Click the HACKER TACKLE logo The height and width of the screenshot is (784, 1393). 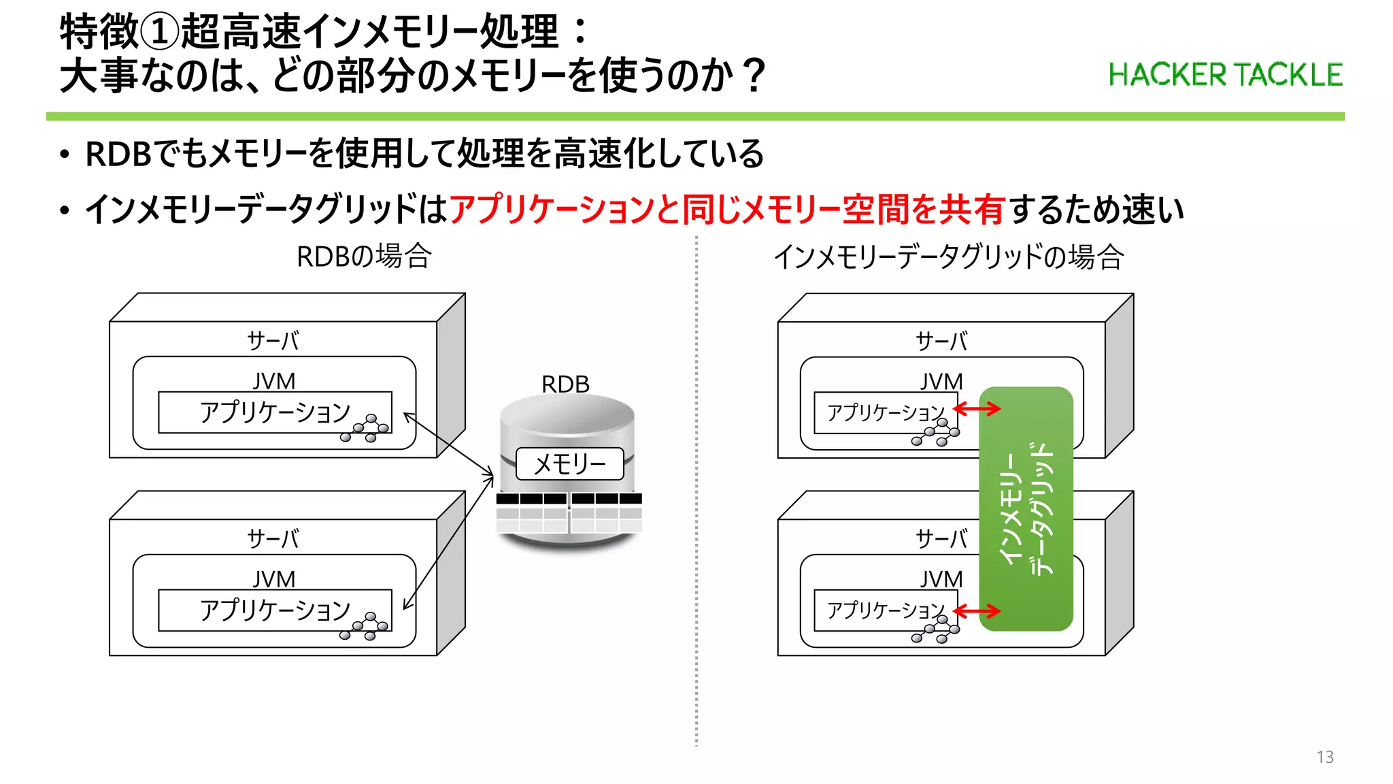coord(1225,75)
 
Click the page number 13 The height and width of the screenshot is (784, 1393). coord(1324,757)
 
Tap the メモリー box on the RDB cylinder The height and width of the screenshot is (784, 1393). coord(569,464)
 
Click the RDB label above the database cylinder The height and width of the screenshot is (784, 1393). coord(565,384)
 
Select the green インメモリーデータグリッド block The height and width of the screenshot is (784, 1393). coord(1026,508)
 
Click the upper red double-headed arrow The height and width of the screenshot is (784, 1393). coord(977,408)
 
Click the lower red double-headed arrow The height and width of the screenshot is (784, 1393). coord(977,610)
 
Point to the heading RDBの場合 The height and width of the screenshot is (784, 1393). coord(364,257)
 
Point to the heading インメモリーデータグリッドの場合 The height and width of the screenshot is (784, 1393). coord(948,257)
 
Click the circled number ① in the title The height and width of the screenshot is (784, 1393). coord(160,32)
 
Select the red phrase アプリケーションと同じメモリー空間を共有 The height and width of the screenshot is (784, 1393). coord(726,209)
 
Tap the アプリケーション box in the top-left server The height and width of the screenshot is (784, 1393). coord(274,412)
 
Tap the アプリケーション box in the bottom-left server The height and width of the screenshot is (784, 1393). coord(274,610)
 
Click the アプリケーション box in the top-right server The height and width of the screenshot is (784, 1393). coord(885,412)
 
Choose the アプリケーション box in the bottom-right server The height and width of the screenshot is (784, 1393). coord(885,610)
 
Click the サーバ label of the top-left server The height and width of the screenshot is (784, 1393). coord(273,340)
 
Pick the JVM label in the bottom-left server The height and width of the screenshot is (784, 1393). coord(274,579)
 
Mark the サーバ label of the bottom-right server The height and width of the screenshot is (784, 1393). coord(941,538)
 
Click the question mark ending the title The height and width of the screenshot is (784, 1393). coord(754,76)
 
